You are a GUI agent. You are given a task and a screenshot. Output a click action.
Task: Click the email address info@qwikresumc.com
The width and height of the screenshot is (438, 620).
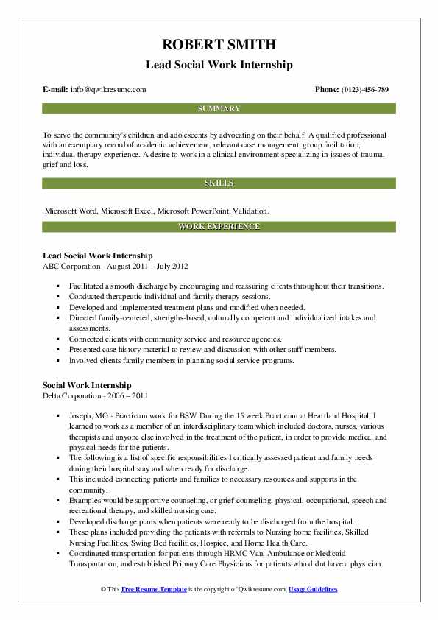108,90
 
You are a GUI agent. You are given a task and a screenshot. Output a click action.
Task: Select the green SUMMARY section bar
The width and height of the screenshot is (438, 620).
219,109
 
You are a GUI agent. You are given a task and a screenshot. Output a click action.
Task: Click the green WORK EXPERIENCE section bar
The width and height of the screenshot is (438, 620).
219,226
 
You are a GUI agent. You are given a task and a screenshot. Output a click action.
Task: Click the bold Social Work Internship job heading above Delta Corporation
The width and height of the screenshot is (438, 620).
88,385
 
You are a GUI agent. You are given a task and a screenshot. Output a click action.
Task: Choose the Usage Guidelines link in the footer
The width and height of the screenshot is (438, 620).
313,590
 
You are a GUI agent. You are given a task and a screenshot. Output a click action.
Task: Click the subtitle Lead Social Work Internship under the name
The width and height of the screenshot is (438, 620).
219,65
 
